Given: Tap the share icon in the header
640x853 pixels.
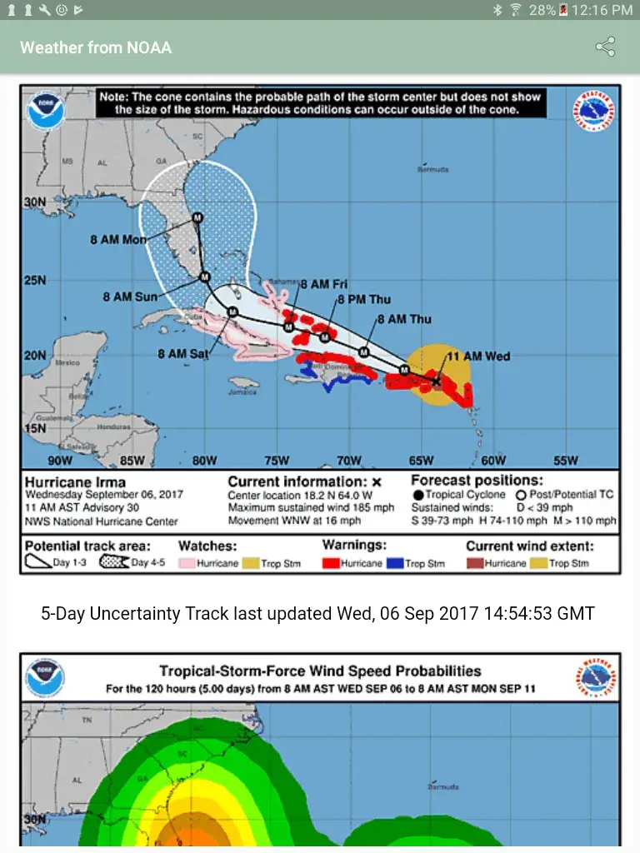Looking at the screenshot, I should click(605, 47).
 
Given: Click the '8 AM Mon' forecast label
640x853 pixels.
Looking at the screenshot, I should click(118, 240).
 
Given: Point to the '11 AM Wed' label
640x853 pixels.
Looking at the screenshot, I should click(479, 357).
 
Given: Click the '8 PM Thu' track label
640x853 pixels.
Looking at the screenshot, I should click(364, 300).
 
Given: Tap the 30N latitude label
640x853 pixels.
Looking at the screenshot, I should click(35, 202).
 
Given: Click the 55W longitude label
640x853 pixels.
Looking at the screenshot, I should click(565, 461).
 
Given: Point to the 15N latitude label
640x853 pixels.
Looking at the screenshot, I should click(35, 428).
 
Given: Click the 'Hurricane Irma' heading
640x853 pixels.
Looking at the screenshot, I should click(76, 482).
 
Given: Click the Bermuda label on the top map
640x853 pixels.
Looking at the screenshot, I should click(432, 169).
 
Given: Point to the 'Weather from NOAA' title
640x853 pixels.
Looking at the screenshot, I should click(96, 47).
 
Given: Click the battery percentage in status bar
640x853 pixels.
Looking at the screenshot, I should click(542, 10).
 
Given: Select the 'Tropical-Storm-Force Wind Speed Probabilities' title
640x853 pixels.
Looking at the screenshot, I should click(320, 671).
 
